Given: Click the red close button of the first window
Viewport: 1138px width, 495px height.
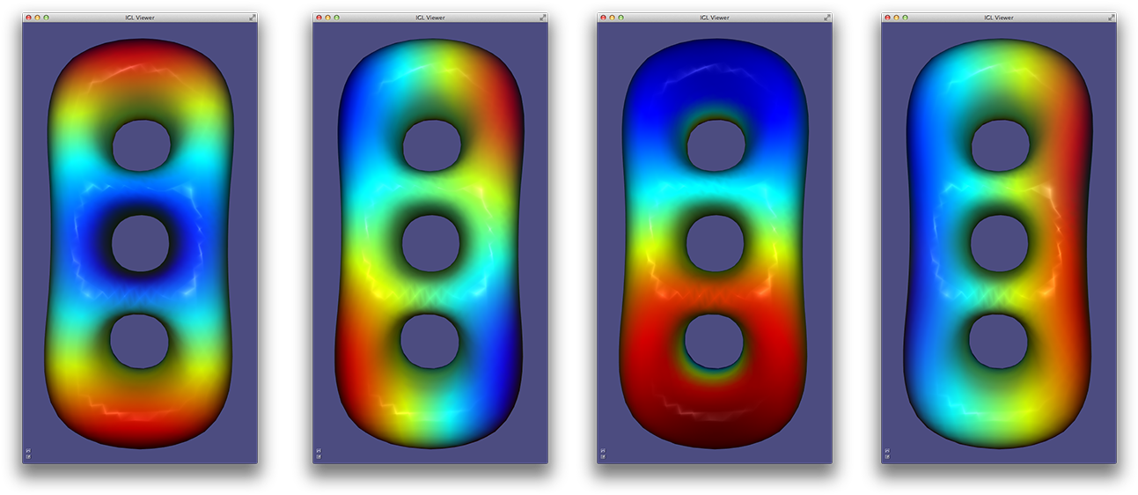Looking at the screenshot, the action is pyautogui.click(x=28, y=18).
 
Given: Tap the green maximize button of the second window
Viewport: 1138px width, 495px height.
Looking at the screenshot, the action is pyautogui.click(x=336, y=18).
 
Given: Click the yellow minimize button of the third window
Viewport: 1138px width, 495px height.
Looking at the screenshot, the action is pyautogui.click(x=612, y=18).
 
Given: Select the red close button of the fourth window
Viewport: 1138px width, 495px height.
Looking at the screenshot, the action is pyautogui.click(x=887, y=18).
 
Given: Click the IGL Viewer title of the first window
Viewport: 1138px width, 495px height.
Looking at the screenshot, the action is pyautogui.click(x=140, y=18).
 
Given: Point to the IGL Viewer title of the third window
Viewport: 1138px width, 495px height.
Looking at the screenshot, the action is pyautogui.click(x=715, y=18).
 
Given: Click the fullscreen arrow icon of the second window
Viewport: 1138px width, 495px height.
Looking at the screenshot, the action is pyautogui.click(x=542, y=18).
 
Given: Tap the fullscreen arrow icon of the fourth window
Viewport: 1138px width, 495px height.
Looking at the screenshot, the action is pyautogui.click(x=1111, y=18).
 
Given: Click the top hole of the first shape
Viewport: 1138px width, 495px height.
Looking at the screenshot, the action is pyautogui.click(x=141, y=146).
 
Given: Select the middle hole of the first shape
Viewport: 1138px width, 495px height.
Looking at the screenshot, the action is pyautogui.click(x=140, y=243).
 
